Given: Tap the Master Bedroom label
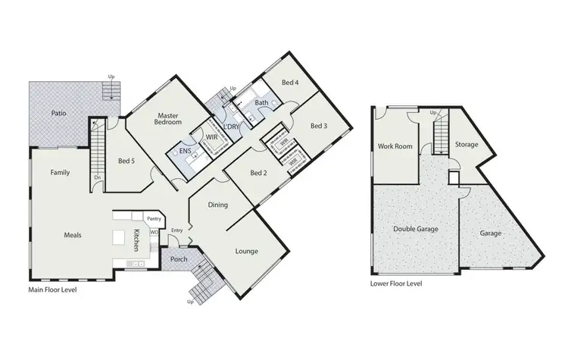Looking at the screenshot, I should (167, 117).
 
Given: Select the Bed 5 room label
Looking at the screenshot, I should (126, 160).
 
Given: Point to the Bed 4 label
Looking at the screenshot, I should (291, 83).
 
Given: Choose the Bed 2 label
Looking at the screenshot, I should (260, 174).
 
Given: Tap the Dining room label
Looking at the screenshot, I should (218, 205).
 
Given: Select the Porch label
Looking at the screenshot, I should (178, 258).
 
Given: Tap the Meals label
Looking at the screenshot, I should (72, 234).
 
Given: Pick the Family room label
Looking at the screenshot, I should (60, 172).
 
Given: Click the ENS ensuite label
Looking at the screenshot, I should (184, 152).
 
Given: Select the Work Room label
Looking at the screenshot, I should (395, 146).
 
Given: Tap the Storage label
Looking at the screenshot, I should (466, 143).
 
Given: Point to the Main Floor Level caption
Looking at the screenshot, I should (52, 290).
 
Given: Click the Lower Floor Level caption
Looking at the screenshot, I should (396, 283).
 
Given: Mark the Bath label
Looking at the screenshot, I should (261, 102).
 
